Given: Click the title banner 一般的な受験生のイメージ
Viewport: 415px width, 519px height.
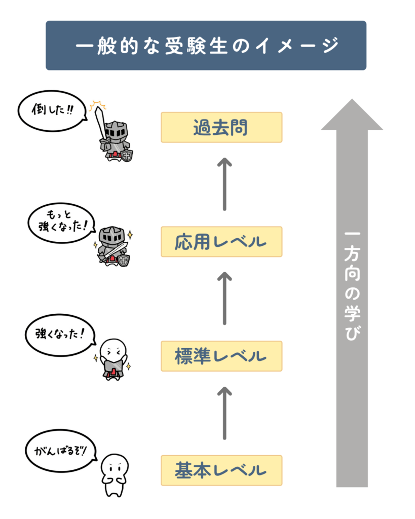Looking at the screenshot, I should (206, 45).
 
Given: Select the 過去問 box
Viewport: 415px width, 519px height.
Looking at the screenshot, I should (221, 127).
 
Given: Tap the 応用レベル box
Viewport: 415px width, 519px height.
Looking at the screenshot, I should (221, 242).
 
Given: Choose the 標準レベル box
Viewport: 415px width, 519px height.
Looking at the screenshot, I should (221, 356).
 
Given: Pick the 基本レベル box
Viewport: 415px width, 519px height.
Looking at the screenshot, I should (221, 470).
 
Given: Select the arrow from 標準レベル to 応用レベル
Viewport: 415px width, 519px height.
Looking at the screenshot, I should (225, 299).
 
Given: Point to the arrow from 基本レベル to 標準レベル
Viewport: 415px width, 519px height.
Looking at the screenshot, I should (225, 413).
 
